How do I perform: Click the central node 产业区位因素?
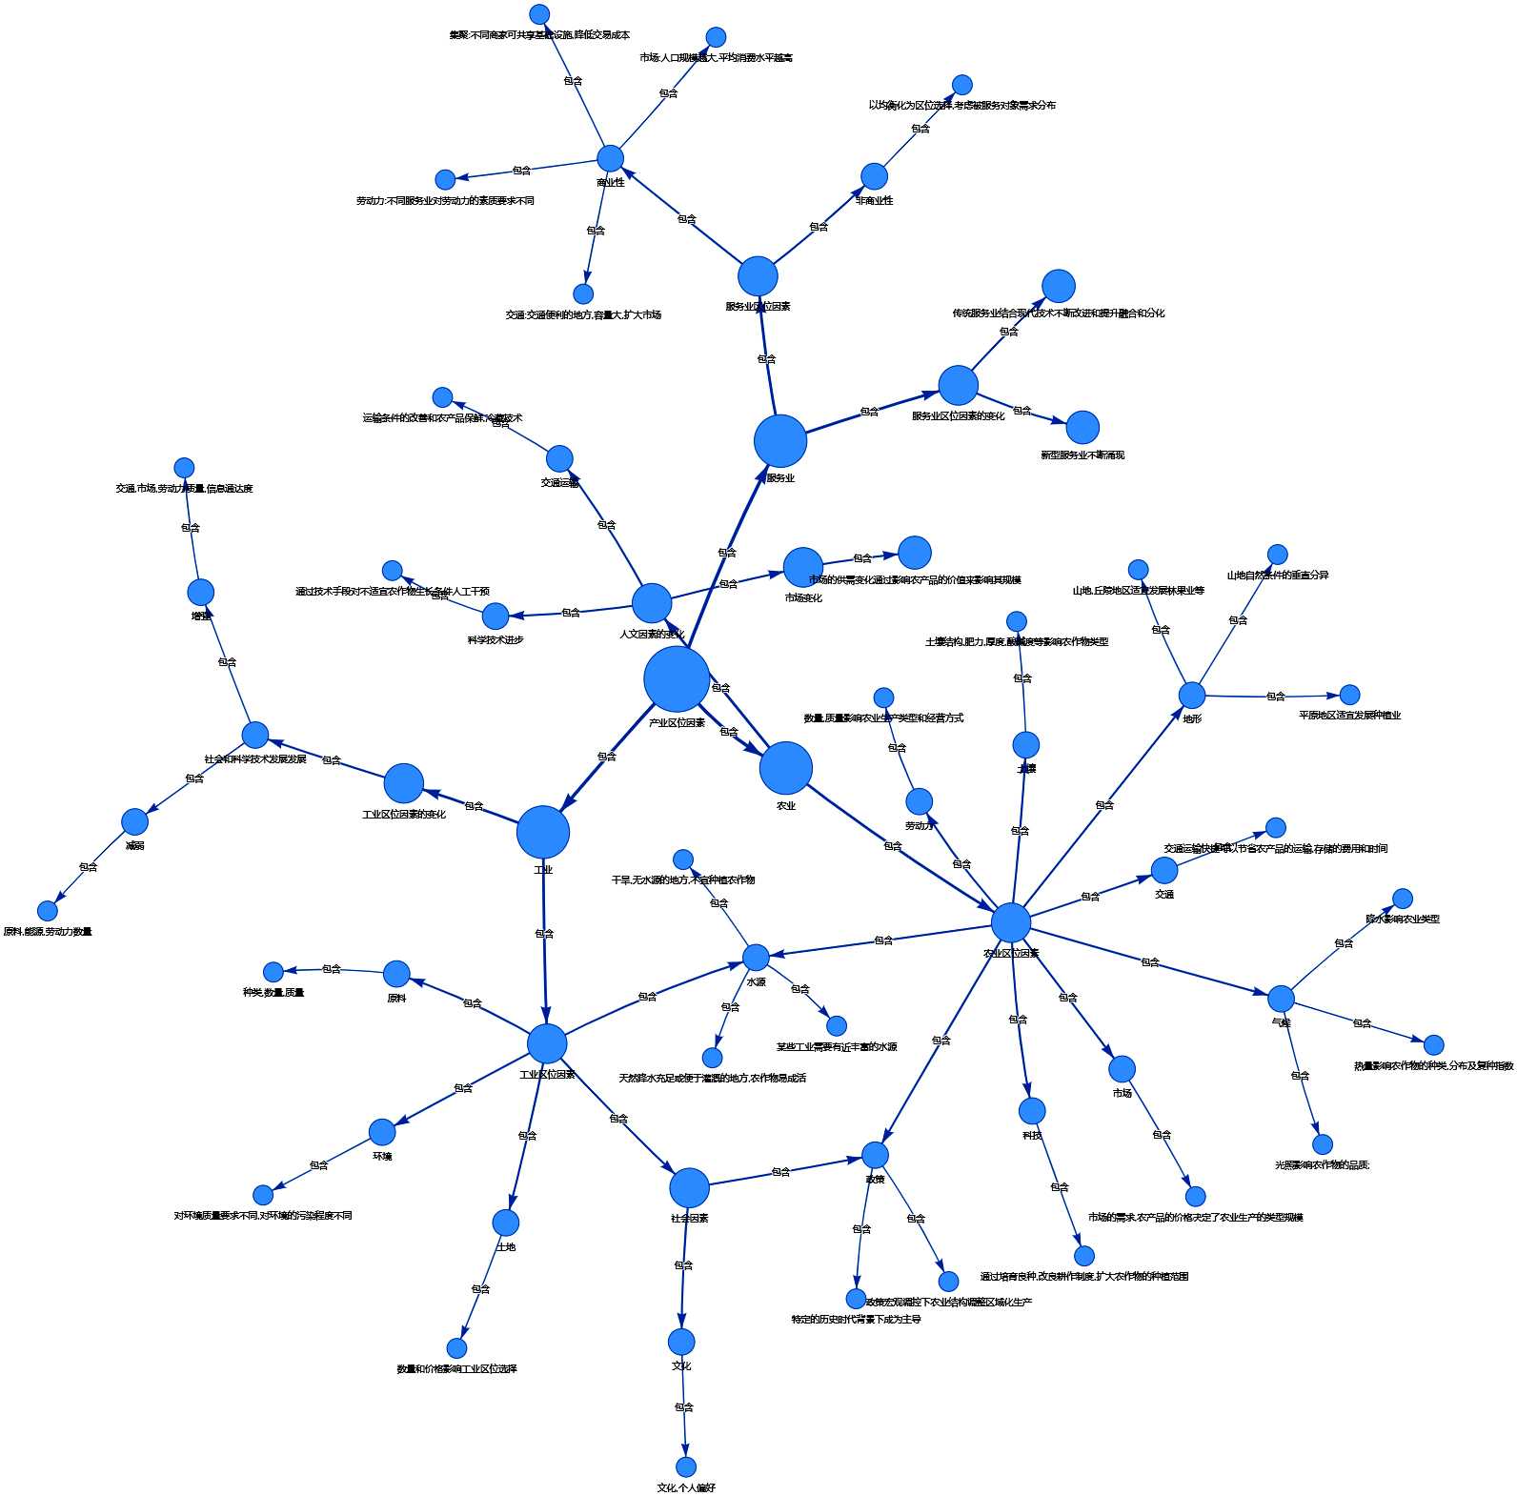[677, 678]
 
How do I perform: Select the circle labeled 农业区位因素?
[1011, 922]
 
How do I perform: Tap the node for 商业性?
[610, 158]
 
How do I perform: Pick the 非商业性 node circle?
[874, 176]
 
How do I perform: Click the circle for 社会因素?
[689, 1188]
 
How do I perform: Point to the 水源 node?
[756, 958]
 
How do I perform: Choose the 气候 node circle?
[1281, 999]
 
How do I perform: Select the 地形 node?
[1192, 696]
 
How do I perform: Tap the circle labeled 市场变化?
[803, 568]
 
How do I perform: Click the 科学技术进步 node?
[496, 617]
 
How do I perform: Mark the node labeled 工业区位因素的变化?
[404, 783]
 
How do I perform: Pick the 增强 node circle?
[201, 592]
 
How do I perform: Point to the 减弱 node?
[135, 821]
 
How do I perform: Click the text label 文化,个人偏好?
[686, 1487]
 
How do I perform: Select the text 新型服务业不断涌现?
[1082, 455]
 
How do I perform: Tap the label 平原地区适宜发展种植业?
[1349, 716]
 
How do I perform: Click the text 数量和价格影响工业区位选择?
[457, 1369]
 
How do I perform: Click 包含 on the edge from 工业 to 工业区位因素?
[544, 934]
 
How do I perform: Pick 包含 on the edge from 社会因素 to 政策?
[780, 1172]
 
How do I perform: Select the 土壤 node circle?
[1025, 745]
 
